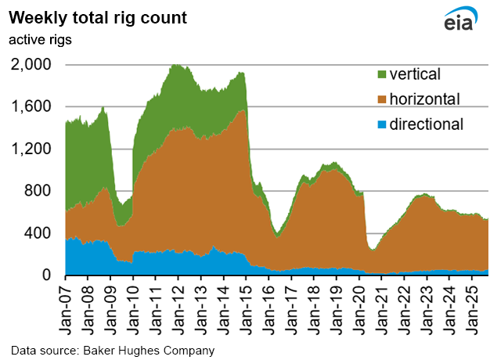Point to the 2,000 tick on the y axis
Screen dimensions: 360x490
(x=34, y=65)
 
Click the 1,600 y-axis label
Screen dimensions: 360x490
(x=34, y=107)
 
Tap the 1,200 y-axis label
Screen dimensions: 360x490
(x=34, y=149)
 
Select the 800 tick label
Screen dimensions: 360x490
(x=40, y=192)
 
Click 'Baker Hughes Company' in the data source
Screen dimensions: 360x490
(x=153, y=349)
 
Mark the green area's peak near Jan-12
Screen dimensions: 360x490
(x=176, y=66)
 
